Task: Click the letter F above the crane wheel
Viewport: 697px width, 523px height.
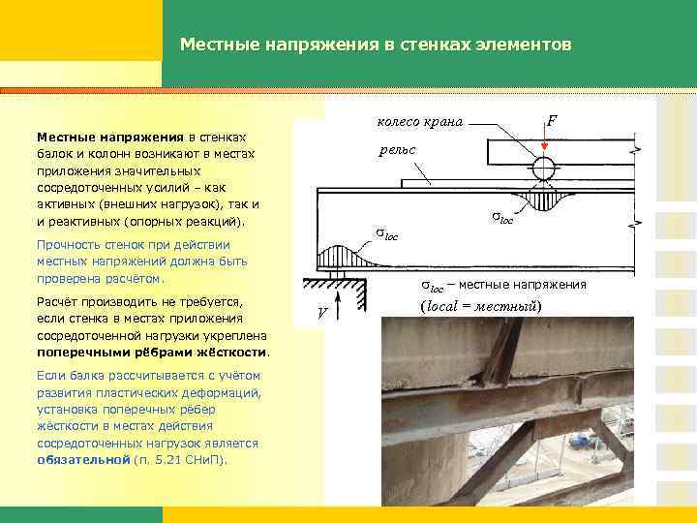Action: coord(551,121)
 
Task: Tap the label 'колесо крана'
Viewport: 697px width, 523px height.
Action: coord(418,122)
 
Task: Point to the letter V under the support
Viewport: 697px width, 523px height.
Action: coord(323,312)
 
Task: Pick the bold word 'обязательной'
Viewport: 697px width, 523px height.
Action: coord(82,458)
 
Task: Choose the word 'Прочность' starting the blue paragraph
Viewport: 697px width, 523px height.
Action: coord(68,245)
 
